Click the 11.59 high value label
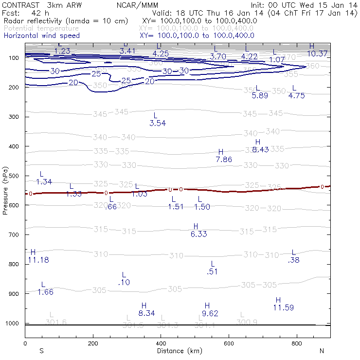pos(283,307)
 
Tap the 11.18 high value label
pos(38,260)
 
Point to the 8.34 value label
pos(146,313)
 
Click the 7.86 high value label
pos(223,159)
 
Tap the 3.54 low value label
pos(158,123)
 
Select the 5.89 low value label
pos(260,96)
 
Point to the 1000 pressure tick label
pos(12,324)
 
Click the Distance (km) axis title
pos(177,351)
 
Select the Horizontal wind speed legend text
pos(41,36)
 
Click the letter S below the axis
pos(42,351)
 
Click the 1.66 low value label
pos(45,292)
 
